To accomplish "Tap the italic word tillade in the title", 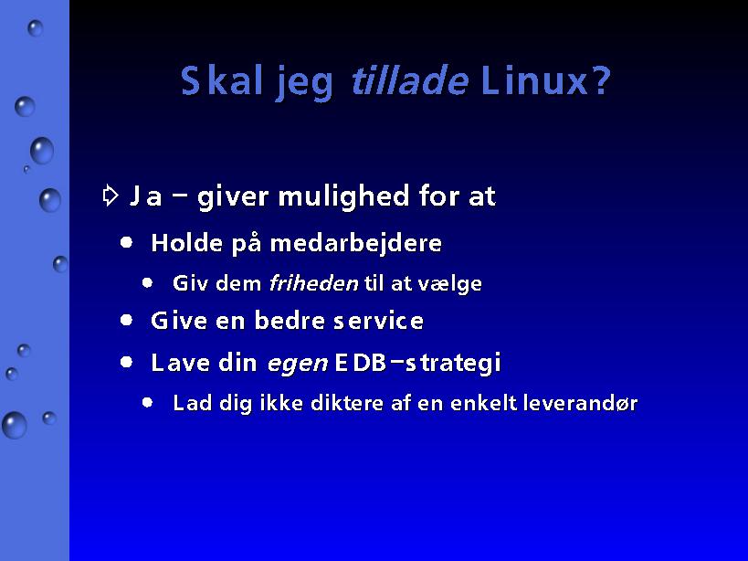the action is (410, 80).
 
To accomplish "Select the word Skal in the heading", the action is (222, 80).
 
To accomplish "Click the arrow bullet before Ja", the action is (111, 195).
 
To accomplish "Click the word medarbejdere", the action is (356, 243).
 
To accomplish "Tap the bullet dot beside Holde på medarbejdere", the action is (126, 242).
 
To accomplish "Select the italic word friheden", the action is (313, 283).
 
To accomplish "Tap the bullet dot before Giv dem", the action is (147, 283).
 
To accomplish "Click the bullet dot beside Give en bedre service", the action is (126, 320).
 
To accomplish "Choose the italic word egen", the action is (298, 364).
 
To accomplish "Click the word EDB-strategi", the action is (418, 363).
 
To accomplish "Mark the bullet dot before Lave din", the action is (126, 362).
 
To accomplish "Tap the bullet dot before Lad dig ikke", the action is (147, 403).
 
